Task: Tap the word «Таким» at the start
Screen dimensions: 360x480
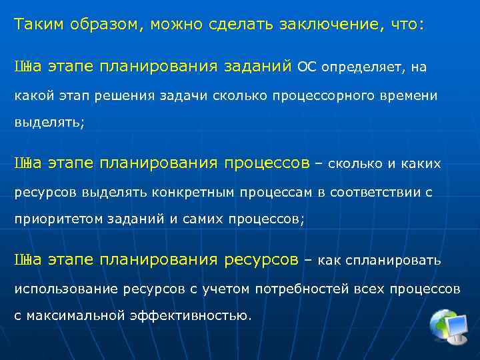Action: click(x=38, y=25)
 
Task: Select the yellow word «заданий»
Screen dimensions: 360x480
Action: click(x=257, y=66)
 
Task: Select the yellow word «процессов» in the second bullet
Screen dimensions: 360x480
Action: click(x=267, y=163)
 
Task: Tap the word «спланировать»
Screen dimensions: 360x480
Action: click(x=399, y=259)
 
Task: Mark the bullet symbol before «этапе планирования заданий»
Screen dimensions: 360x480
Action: click(x=21, y=67)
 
